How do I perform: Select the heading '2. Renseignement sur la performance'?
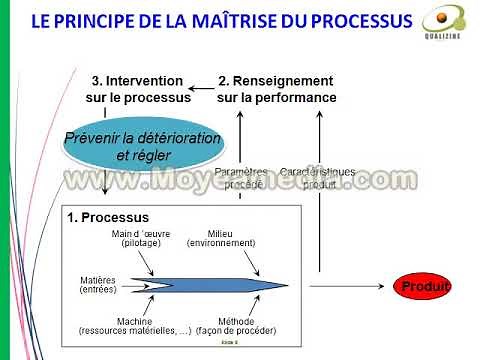[276, 88]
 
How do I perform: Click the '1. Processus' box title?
[108, 217]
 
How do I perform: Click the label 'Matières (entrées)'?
[98, 284]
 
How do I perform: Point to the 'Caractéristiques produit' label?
[318, 179]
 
